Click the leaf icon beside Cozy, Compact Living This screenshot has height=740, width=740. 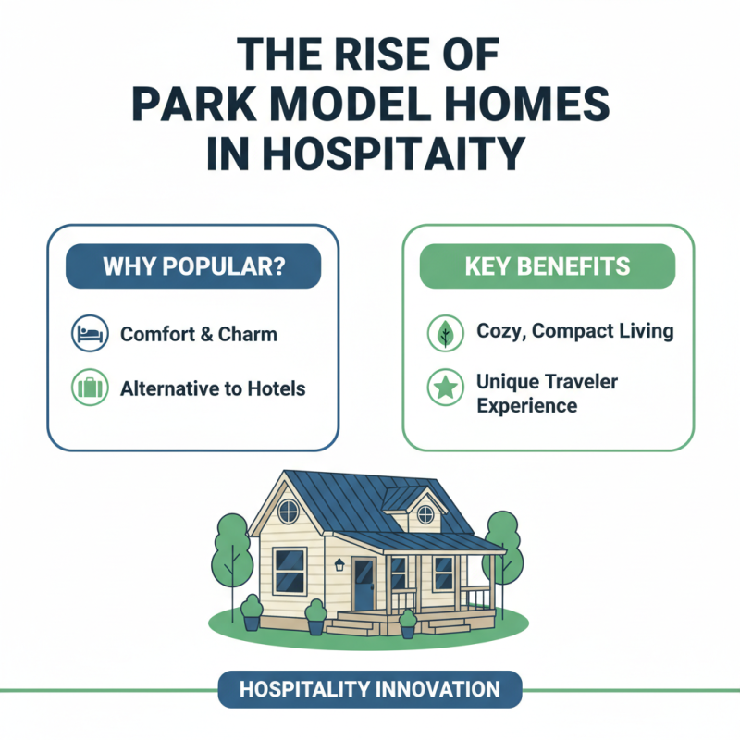tap(444, 333)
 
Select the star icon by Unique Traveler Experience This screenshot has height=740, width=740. tap(444, 389)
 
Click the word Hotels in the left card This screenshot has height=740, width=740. tap(277, 388)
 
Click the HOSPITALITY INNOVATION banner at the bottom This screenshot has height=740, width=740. tap(370, 689)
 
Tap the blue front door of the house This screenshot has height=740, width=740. tap(364, 584)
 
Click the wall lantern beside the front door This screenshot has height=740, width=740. tap(339, 564)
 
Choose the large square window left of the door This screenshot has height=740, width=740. tap(290, 570)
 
